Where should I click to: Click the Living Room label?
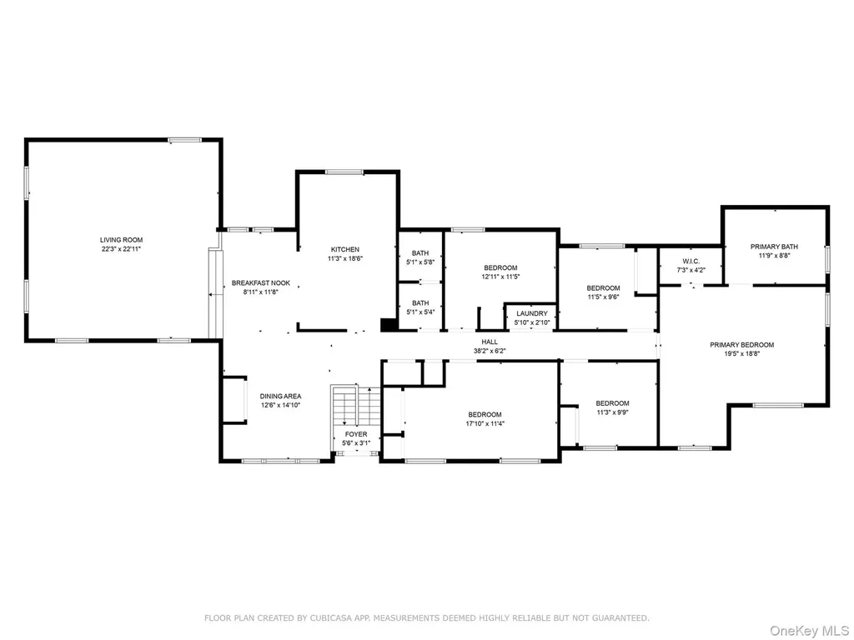121,240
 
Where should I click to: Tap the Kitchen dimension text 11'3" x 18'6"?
345,259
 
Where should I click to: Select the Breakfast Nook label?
261,283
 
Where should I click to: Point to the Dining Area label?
280,397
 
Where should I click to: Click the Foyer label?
356,434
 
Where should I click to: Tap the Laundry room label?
532,313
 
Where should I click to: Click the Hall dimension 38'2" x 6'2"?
490,351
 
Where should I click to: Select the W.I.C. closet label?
691,261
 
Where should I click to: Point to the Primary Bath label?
774,247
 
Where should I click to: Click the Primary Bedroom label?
741,344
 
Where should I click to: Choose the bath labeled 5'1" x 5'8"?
420,257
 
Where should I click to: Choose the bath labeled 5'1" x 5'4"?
420,307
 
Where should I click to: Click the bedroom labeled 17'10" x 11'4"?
485,419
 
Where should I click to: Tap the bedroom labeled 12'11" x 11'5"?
500,272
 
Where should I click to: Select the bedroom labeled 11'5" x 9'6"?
603,292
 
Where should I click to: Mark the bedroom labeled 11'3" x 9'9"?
612,407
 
